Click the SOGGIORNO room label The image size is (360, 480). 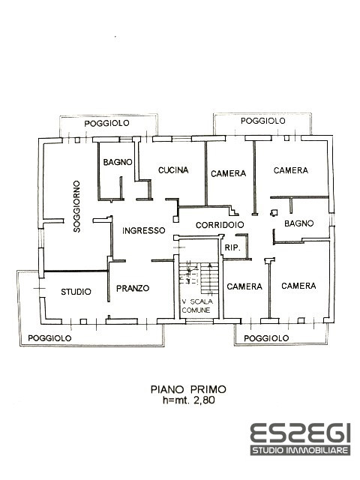point(77,207)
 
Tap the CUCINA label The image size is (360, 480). point(172,171)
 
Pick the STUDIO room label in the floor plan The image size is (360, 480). point(76,292)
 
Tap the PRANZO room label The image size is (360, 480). point(133,288)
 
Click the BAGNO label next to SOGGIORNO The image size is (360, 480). point(118,162)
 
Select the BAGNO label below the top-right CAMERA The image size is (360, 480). point(298,225)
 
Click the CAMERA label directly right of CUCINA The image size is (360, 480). point(228,173)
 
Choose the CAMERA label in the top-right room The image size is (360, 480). point(290,171)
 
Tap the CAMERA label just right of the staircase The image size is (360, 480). point(244,286)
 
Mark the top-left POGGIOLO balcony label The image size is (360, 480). point(106,122)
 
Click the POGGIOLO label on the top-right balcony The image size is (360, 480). point(262,121)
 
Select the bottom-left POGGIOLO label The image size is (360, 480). point(50,338)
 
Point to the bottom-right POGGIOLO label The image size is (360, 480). point(266,338)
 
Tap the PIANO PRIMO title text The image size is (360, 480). point(178,389)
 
